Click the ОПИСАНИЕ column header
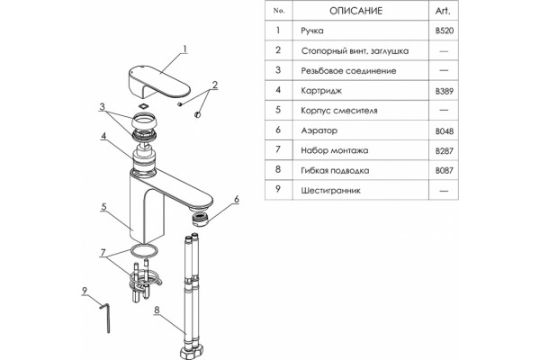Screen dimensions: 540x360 [x=355, y=11]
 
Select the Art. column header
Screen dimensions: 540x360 [x=443, y=11]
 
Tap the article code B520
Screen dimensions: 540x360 [x=445, y=31]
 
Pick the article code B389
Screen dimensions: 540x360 [x=445, y=91]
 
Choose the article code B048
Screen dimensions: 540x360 [x=445, y=131]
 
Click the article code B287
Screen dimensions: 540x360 [x=445, y=151]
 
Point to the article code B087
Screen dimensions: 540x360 [x=445, y=170]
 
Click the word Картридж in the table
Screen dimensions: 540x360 [x=321, y=91]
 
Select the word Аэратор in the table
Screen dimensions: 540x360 [x=319, y=130]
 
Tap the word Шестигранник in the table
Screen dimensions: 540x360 [x=330, y=191]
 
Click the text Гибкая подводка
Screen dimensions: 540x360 [x=335, y=171]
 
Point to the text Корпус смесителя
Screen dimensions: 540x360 [x=339, y=111]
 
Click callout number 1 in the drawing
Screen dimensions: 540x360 [x=184, y=49]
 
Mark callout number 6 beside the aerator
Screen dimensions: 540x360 [x=237, y=200]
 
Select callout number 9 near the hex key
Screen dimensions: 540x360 [x=85, y=291]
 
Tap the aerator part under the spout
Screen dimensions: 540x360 [x=201, y=219]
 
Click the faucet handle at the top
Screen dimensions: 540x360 [x=159, y=82]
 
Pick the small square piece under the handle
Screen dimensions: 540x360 [x=144, y=106]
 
